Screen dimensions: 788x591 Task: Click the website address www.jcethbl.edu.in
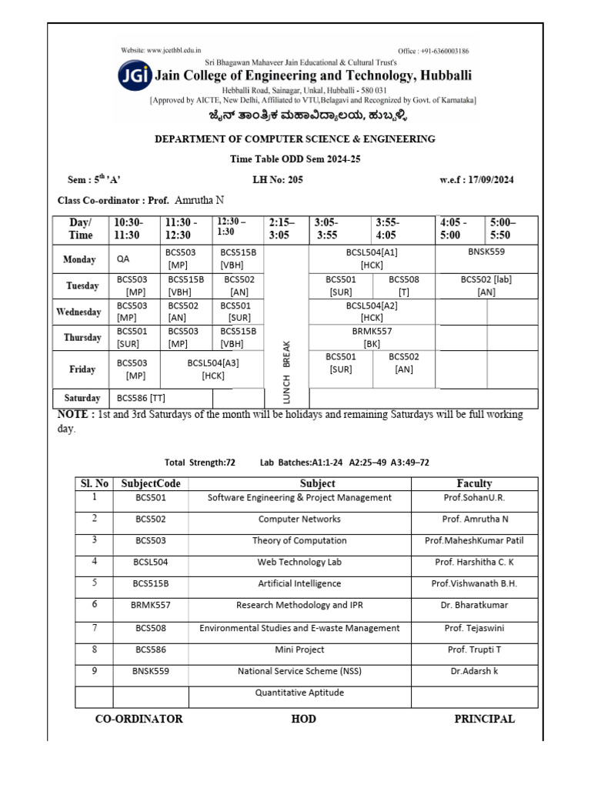(x=166, y=50)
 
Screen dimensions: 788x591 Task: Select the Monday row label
(x=80, y=260)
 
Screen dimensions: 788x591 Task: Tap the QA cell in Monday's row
(x=123, y=260)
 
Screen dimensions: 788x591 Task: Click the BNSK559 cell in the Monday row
(x=486, y=252)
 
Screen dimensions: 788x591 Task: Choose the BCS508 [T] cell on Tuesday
(x=404, y=285)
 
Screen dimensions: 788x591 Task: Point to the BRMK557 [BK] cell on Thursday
(x=372, y=337)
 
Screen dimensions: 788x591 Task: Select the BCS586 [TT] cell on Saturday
(x=141, y=399)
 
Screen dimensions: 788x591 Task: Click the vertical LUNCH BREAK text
(x=286, y=372)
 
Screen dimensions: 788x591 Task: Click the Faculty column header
(x=474, y=484)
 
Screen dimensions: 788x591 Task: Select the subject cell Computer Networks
(x=299, y=519)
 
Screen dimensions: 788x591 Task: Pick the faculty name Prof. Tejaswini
(x=474, y=628)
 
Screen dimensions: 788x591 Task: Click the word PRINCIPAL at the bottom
(x=484, y=720)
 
